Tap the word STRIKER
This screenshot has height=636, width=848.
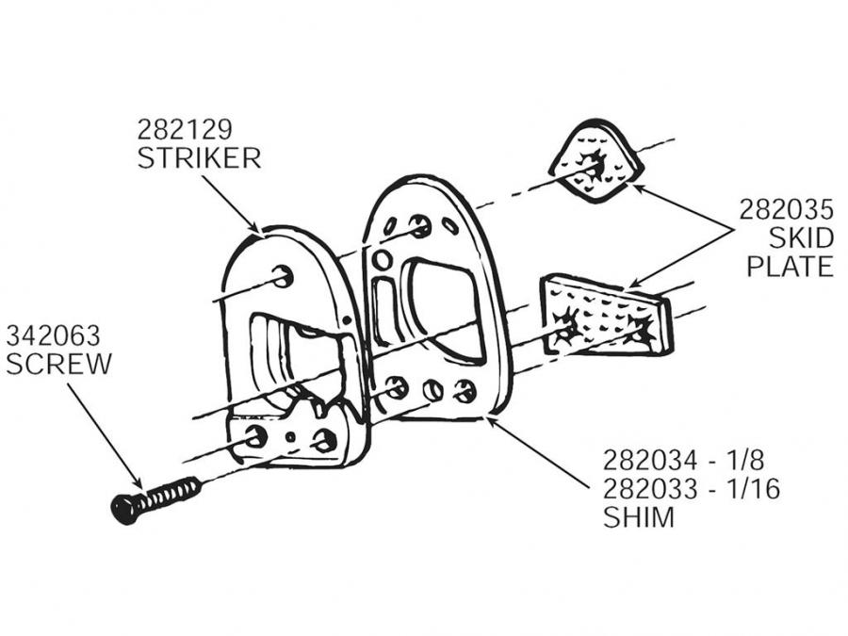tap(199, 157)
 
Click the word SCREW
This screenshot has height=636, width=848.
tap(58, 364)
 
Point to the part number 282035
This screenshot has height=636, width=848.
tap(786, 208)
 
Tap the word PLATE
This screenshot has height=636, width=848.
tap(790, 267)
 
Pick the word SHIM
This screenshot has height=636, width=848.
tap(640, 518)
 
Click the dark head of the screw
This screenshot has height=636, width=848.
tap(125, 508)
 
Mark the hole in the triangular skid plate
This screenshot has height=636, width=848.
tap(595, 165)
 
